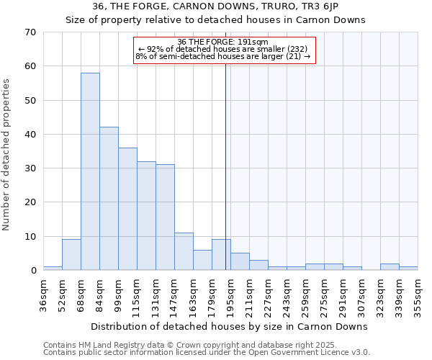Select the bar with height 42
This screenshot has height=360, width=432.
(x=109, y=199)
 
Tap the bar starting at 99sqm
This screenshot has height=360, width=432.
(x=127, y=209)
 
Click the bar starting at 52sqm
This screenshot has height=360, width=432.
(x=71, y=254)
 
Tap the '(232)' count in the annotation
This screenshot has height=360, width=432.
(x=296, y=49)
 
